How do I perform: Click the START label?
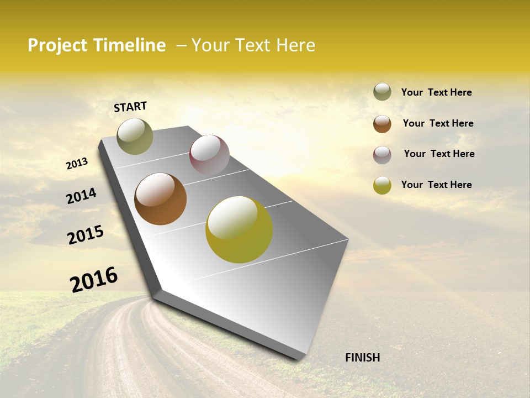coord(130,107)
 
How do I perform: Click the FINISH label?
coord(362,358)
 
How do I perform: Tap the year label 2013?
coord(77,164)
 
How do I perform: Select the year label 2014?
coord(81,196)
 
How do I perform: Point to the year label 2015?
coord(86,234)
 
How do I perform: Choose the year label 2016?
coord(94,279)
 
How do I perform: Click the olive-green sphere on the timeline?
coord(135,137)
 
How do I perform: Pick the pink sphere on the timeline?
coord(209,155)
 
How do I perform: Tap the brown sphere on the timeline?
coord(160,199)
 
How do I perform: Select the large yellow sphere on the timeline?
coord(239,229)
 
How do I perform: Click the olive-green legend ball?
coord(382,92)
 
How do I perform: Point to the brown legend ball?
coord(382,124)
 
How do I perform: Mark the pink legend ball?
coord(382,155)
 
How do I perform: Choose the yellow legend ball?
coord(382,185)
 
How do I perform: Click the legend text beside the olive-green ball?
coord(436,92)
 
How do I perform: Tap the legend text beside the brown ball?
coord(438,123)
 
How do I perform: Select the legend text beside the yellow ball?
coord(436,185)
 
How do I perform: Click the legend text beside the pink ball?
coord(439,154)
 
